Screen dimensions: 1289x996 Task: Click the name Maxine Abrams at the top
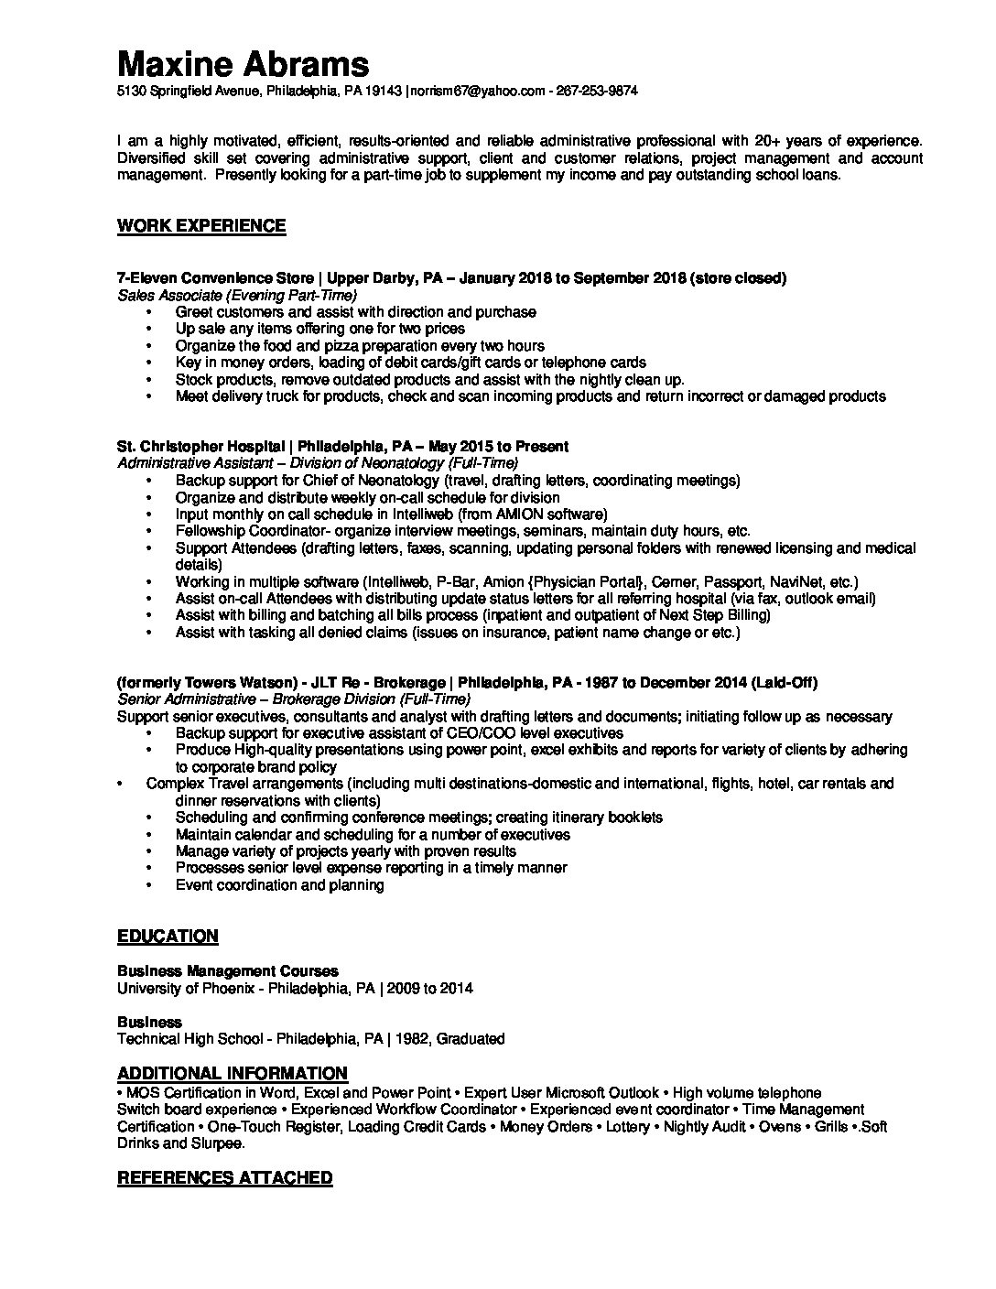[244, 63]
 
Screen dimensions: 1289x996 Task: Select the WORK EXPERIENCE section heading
[201, 226]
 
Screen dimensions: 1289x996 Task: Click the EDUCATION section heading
[168, 936]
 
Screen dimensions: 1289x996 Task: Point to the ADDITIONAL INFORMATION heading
[233, 1073]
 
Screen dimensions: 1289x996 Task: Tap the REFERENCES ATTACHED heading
[224, 1177]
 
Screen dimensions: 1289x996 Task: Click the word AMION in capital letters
[525, 515]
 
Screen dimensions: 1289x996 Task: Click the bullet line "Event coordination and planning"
[279, 885]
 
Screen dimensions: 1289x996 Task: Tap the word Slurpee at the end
[217, 1143]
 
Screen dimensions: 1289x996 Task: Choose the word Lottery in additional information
[629, 1126]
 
